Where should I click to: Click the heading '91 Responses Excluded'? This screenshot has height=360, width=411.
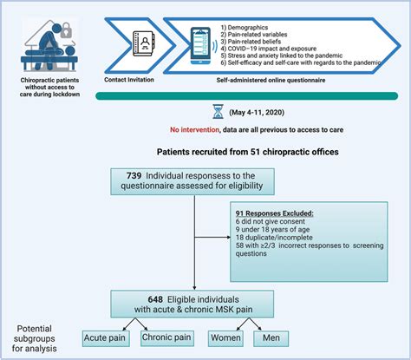(x=276, y=213)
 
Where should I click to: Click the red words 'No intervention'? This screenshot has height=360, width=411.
(x=196, y=129)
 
